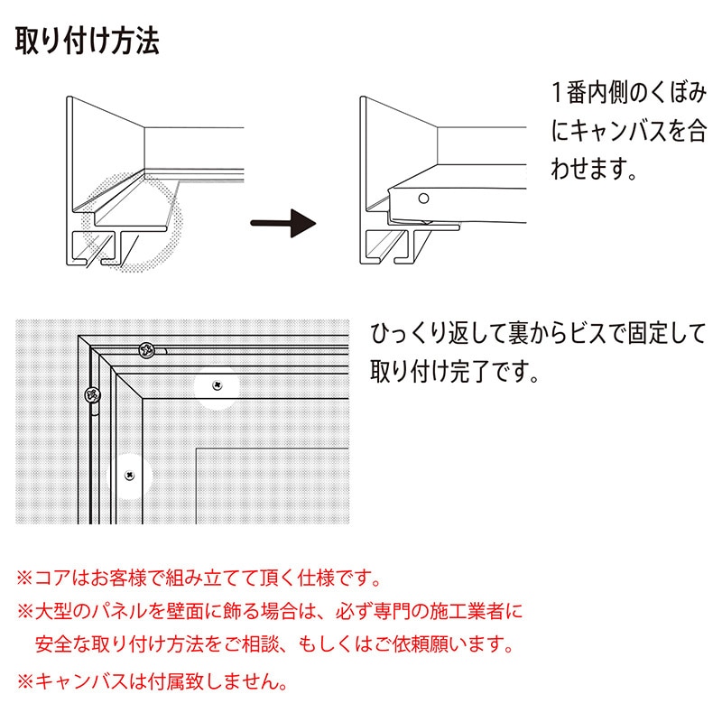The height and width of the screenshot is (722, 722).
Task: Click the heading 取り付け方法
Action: click(x=88, y=40)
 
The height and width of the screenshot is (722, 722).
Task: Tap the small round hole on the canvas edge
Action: click(x=423, y=197)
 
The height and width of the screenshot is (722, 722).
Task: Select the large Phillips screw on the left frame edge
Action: click(x=91, y=394)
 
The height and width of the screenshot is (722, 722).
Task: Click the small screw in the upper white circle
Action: click(x=217, y=385)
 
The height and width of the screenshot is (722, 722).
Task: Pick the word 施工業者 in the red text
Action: click(x=468, y=611)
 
